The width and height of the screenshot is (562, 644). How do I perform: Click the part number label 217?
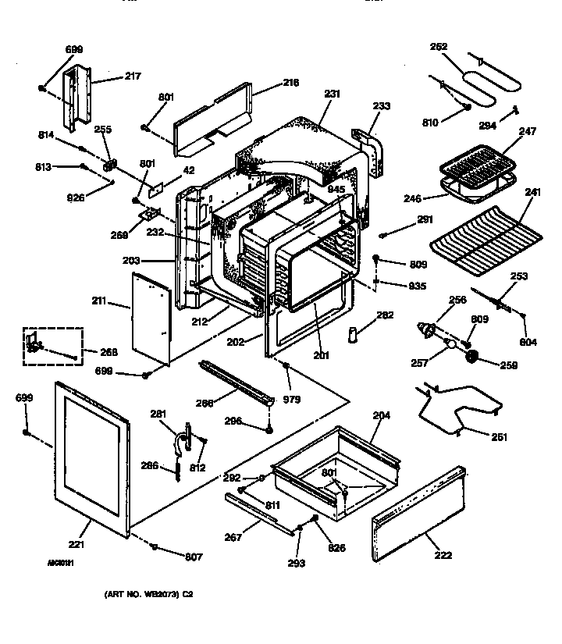133,76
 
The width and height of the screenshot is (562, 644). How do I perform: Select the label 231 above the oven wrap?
333,94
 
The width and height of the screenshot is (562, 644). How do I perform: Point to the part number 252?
439,47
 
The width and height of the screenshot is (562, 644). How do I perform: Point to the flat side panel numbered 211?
150,316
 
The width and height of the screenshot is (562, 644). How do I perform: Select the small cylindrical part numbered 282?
354,335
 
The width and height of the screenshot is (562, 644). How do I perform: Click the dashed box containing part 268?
52,345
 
